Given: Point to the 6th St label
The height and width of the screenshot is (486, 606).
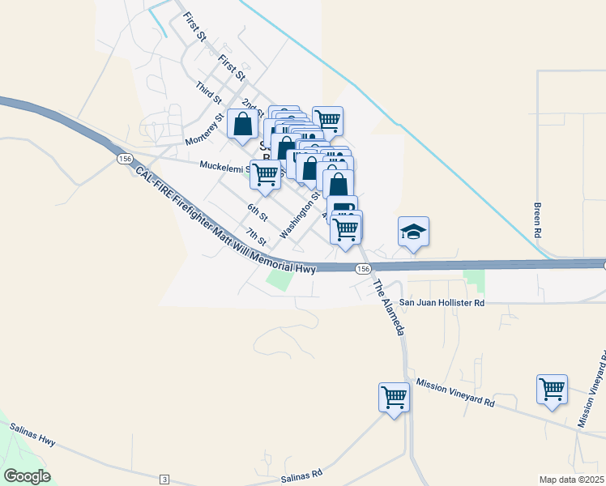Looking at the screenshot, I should [x=258, y=213].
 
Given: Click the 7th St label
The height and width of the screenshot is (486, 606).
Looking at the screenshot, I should [x=257, y=237].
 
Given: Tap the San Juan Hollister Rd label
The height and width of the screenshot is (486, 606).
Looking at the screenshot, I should [x=444, y=302].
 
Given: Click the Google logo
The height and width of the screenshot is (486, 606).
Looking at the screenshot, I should [x=27, y=476].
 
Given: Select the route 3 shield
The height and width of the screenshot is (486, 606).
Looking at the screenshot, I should [x=164, y=480].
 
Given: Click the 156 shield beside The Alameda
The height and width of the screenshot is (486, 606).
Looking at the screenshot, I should [x=363, y=268].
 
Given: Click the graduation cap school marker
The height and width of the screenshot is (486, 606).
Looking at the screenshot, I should [x=413, y=232].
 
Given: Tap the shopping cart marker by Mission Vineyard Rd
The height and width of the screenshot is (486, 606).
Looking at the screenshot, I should [x=552, y=390].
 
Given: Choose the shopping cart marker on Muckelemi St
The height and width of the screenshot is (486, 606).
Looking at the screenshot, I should [x=265, y=173].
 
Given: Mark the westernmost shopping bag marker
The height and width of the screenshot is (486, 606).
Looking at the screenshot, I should [x=242, y=124].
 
